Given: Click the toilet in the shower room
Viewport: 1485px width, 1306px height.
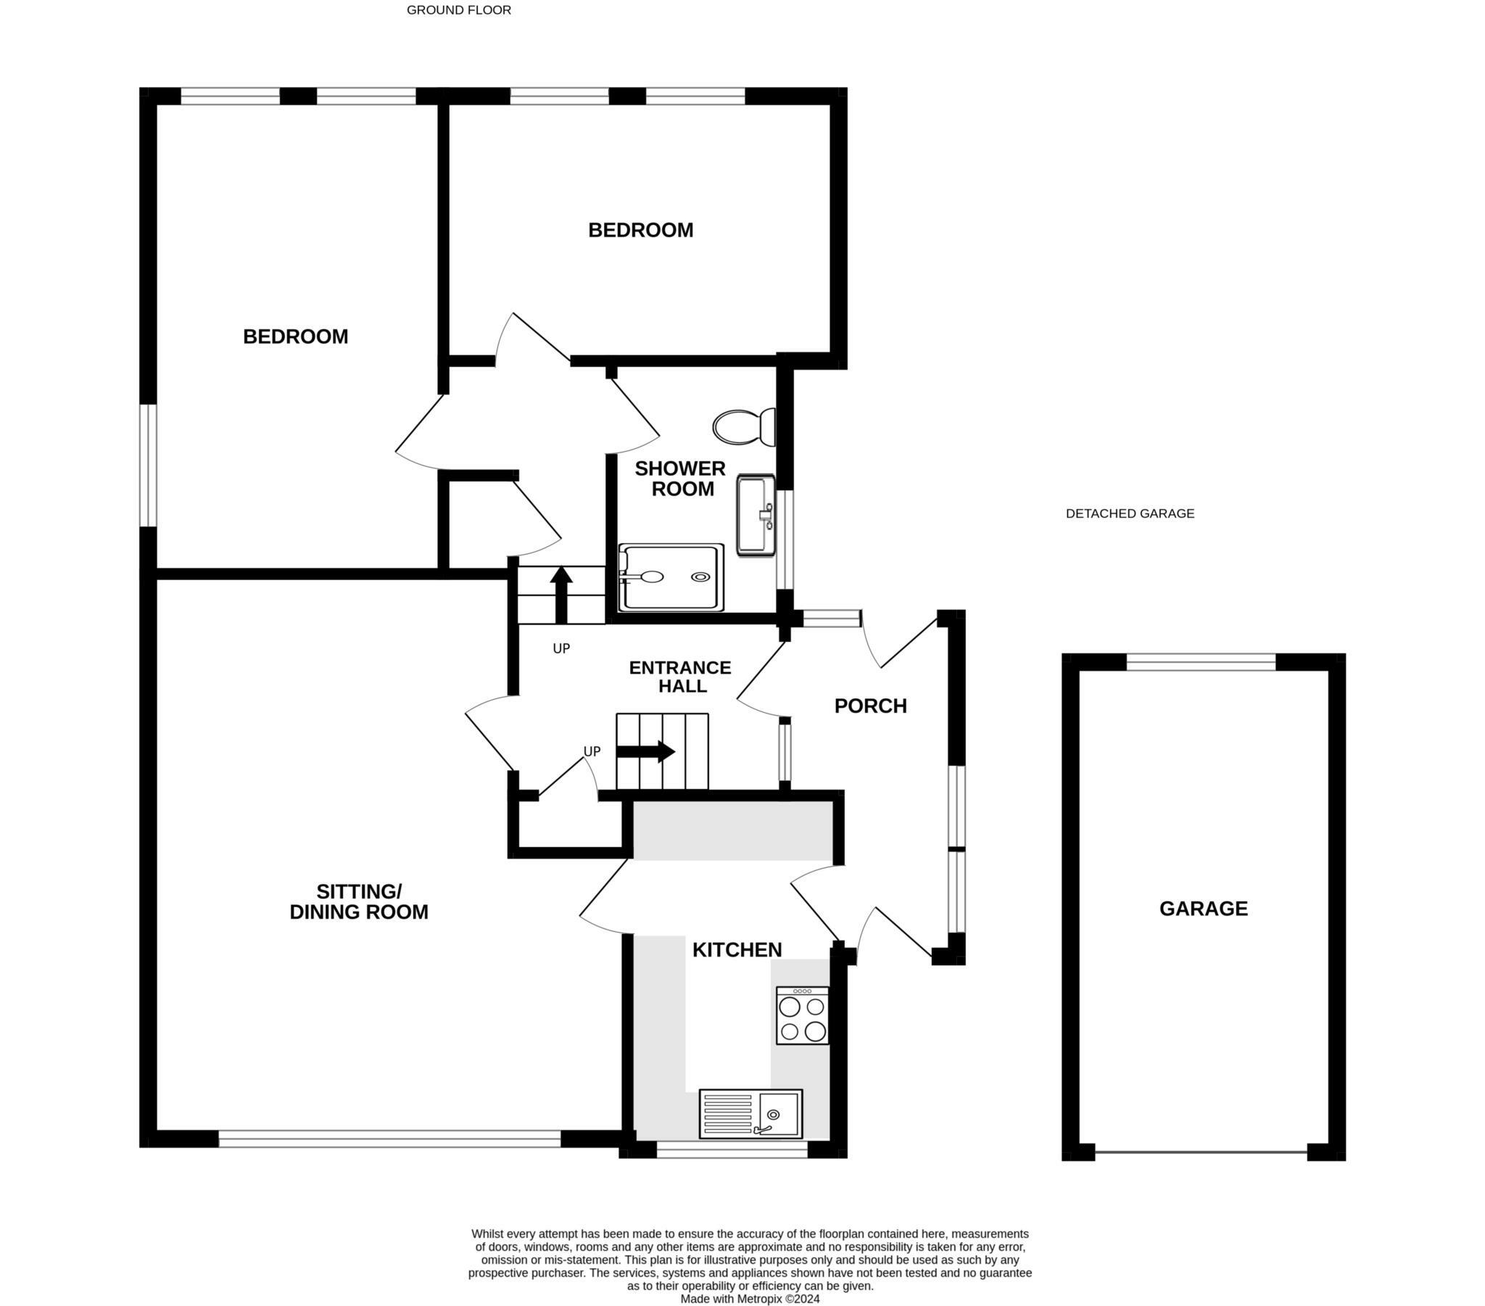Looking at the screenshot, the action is point(745,427).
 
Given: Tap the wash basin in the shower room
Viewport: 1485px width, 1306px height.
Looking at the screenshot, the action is point(756,516).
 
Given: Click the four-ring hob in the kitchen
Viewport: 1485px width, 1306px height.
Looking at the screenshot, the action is point(803,1015).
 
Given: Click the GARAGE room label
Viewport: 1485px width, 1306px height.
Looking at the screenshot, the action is point(1204,909).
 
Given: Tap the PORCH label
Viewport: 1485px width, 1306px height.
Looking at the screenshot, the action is point(870,706).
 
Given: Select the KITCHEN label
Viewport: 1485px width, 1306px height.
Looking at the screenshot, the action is point(737,950).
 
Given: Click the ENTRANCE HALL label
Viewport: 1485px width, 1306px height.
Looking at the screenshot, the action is point(680,677).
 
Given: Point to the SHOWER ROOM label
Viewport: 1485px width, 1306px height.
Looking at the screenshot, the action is point(681,479).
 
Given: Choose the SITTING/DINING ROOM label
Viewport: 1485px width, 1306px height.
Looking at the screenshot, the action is point(359,902).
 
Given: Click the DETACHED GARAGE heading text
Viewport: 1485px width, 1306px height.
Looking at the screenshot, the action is point(1130,514).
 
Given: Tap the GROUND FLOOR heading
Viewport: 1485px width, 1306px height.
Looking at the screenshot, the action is point(459,10).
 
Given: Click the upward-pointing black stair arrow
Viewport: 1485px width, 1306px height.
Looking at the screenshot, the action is point(562,595).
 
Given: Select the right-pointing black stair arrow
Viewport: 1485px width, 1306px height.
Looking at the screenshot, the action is point(646,751).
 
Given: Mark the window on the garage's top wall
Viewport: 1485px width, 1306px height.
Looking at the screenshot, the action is point(1201,661).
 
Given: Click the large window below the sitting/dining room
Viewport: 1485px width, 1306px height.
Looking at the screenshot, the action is point(390,1138).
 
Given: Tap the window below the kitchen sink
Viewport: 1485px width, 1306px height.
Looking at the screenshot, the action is point(732,1149).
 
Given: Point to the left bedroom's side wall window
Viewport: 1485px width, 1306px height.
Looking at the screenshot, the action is point(148,465).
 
